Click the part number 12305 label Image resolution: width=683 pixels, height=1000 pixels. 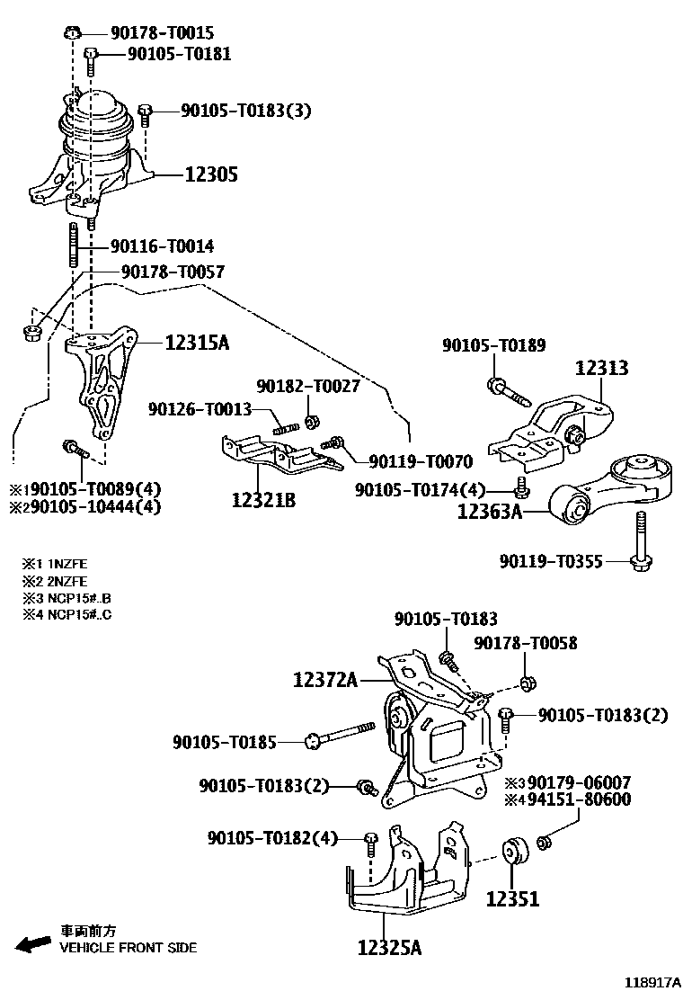(x=211, y=174)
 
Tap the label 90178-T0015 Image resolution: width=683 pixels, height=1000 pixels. (x=162, y=33)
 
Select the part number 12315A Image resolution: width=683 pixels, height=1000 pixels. (x=197, y=343)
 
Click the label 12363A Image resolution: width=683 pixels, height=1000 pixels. (x=489, y=513)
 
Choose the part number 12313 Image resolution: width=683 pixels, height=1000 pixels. (x=601, y=368)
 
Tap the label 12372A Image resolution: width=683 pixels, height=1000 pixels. (x=324, y=681)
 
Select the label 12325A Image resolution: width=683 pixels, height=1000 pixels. (x=389, y=947)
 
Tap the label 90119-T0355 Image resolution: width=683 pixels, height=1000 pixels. (x=551, y=562)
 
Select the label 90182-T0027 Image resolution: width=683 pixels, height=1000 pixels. (x=307, y=386)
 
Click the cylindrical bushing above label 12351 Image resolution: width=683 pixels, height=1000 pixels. (x=515, y=851)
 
